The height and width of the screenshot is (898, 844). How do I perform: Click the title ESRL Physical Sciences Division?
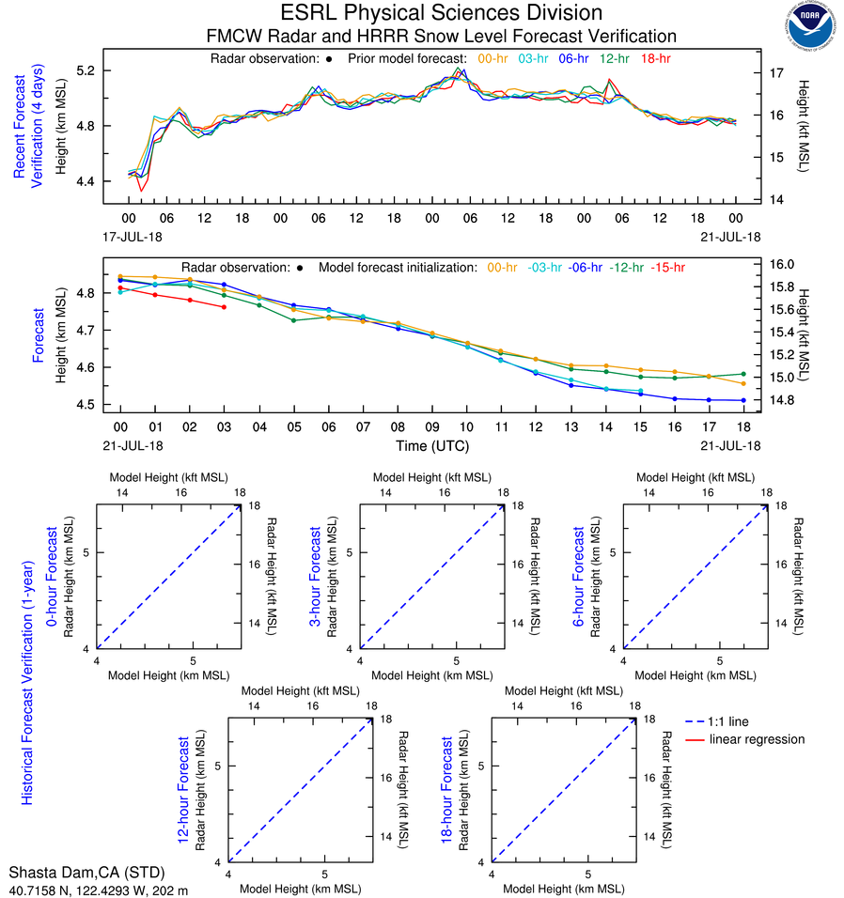tap(441, 13)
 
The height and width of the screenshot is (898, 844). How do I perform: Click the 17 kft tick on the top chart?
tap(778, 72)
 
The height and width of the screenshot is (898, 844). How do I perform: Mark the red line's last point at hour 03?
tap(224, 307)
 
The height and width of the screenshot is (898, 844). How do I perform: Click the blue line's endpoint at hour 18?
tap(743, 400)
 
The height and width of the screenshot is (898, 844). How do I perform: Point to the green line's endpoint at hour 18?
tap(743, 374)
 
